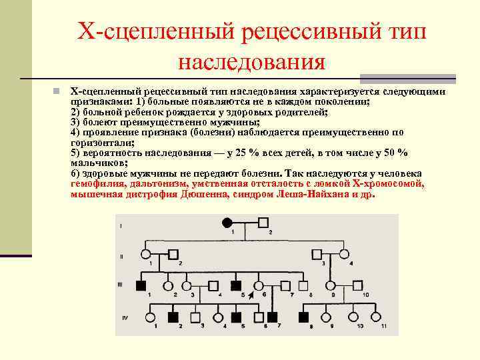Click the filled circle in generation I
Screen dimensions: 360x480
coord(227,222)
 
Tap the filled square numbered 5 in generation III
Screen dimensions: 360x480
coord(236,285)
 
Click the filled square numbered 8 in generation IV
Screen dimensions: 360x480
coord(305,317)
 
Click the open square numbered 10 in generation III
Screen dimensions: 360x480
coord(357,285)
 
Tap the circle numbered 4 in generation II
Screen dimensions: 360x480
coord(344,254)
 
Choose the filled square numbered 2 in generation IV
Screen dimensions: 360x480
coord(174,317)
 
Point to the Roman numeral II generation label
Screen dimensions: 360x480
coord(121,256)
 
